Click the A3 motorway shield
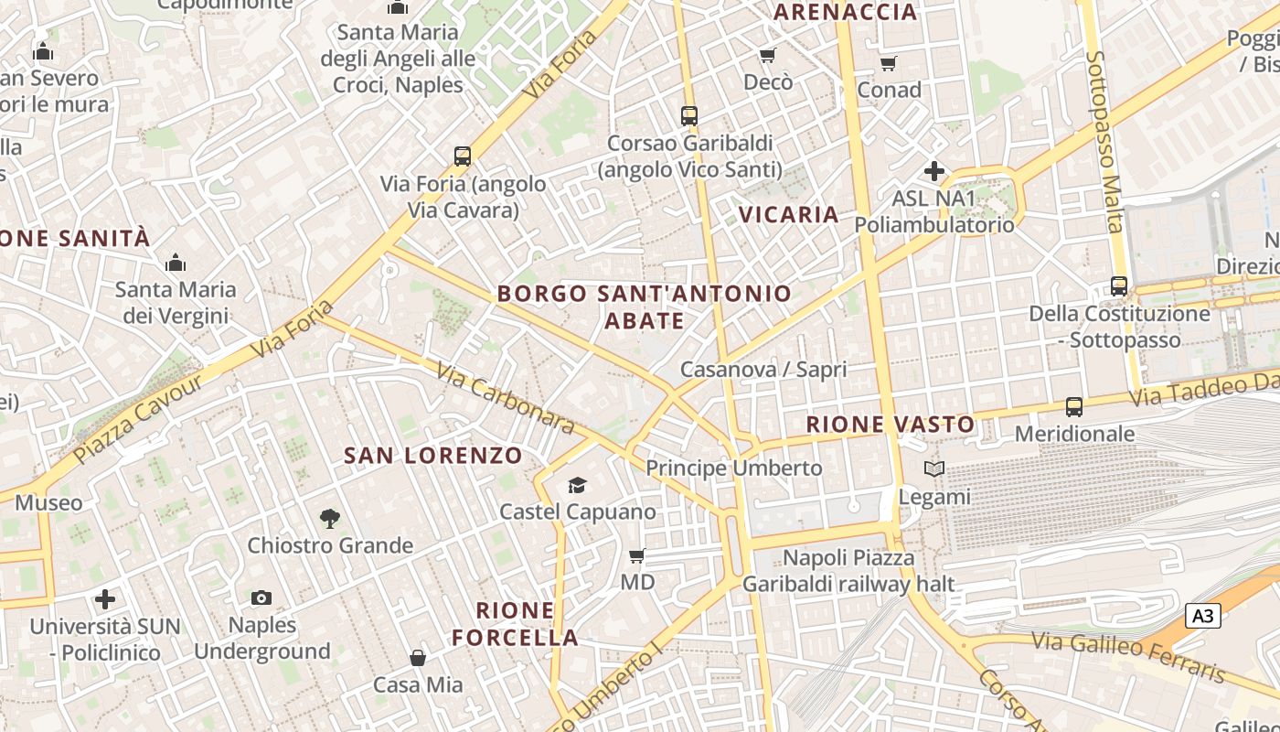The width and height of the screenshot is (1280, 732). point(1203,616)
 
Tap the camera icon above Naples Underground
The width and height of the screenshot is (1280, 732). point(261,597)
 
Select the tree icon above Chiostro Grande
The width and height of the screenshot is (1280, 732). point(330,519)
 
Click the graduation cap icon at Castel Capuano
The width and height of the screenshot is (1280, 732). point(577,484)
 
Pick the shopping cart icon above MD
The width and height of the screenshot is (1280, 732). point(637,555)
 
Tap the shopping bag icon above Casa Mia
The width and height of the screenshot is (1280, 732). point(418,658)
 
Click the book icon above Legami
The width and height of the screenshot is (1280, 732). point(933,469)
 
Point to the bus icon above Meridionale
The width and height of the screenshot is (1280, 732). point(1074,406)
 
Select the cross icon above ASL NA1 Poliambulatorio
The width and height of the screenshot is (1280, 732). point(933,171)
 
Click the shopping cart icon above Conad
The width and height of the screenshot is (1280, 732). point(888,63)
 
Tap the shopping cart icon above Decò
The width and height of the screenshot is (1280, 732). point(768,56)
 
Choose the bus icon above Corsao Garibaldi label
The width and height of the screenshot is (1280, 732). point(689,116)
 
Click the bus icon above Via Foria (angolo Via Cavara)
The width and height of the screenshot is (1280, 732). point(463,156)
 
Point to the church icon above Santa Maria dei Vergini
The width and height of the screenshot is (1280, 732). point(176,264)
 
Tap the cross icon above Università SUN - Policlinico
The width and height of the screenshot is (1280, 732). point(105,599)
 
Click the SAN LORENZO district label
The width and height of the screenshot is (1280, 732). point(433,455)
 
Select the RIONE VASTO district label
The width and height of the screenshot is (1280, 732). point(891,425)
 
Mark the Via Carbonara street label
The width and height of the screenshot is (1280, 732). point(505,398)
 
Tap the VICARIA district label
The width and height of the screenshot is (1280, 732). point(788,214)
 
